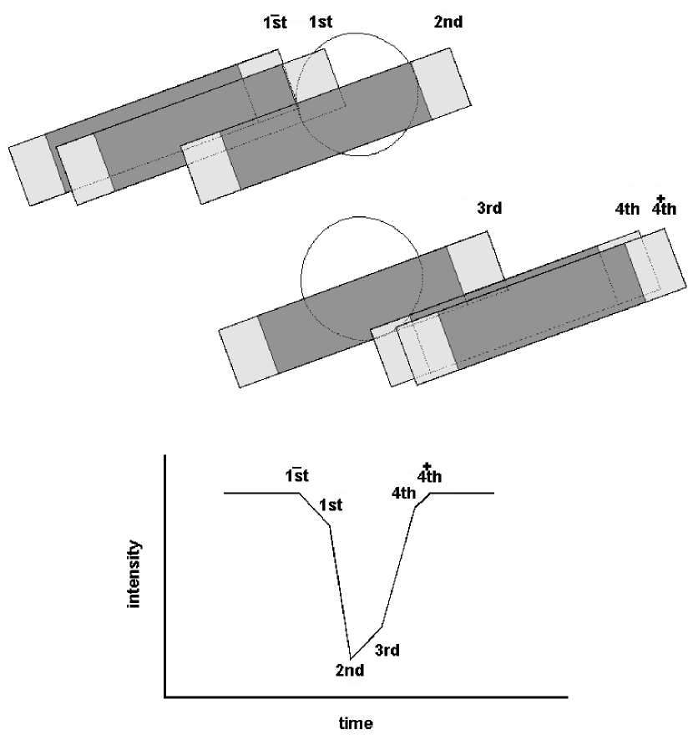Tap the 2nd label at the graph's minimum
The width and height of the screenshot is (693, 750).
click(350, 670)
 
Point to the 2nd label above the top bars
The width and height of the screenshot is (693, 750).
click(448, 23)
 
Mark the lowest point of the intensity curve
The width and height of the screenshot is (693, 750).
click(351, 658)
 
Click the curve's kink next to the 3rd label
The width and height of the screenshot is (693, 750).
click(382, 626)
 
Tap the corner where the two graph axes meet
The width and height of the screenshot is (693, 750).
click(165, 696)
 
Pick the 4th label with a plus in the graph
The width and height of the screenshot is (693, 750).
click(430, 475)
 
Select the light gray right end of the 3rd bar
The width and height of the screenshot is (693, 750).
click(477, 258)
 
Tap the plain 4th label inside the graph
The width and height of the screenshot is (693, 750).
click(403, 492)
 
